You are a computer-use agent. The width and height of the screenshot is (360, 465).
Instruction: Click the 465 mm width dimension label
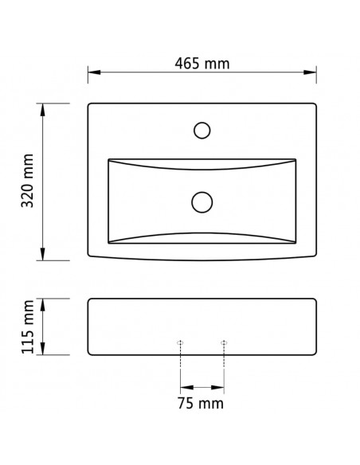pos(202,64)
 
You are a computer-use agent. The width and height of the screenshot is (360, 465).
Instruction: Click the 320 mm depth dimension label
pos(28,181)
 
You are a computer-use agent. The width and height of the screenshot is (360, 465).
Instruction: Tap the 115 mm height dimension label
pos(28,326)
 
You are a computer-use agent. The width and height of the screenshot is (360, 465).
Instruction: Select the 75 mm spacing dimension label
pos(201,404)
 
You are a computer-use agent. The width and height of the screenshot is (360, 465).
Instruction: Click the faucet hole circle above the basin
pos(202,131)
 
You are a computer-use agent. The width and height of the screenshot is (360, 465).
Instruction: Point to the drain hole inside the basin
pos(202,202)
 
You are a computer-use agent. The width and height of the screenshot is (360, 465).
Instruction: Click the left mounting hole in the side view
pos(180,343)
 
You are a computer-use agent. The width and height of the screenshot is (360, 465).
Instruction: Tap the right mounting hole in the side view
pos(224,343)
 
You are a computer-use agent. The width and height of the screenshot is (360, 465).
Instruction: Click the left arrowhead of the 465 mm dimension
pos(94,72)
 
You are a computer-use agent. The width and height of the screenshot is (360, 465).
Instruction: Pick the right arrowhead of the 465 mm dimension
pos(310,72)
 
